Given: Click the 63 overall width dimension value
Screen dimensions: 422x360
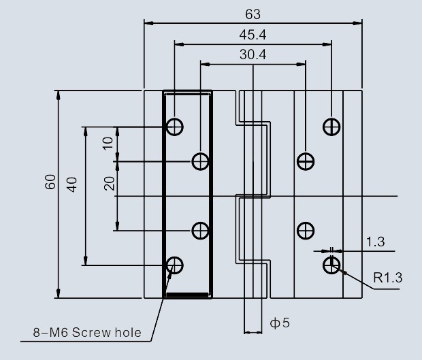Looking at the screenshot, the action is pyautogui.click(x=253, y=14).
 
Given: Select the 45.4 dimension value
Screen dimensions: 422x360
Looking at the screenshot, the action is pyautogui.click(x=253, y=35).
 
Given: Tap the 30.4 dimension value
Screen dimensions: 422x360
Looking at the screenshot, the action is pyautogui.click(x=253, y=54).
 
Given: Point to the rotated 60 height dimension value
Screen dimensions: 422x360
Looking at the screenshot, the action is pyautogui.click(x=50, y=182).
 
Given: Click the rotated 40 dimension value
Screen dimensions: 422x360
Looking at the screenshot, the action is pyautogui.click(x=72, y=184).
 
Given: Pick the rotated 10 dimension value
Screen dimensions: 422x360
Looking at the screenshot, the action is pyautogui.click(x=108, y=144).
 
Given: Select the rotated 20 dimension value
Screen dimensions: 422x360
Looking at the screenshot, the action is pyautogui.click(x=110, y=184).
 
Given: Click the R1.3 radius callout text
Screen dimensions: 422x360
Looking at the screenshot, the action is pyautogui.click(x=388, y=278).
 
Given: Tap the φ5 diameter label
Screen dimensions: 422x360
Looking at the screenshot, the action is pyautogui.click(x=280, y=323).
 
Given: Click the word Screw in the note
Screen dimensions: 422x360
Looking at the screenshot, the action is pyautogui.click(x=91, y=333).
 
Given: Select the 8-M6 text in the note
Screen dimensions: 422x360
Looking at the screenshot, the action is pyautogui.click(x=51, y=333).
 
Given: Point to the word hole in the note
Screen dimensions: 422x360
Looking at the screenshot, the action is pyautogui.click(x=128, y=333).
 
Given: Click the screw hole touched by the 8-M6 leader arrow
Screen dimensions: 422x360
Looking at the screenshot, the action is pyautogui.click(x=175, y=265).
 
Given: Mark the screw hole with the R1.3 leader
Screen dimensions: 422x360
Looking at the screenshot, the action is pyautogui.click(x=331, y=265).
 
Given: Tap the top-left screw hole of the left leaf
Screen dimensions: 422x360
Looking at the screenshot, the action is pyautogui.click(x=175, y=127).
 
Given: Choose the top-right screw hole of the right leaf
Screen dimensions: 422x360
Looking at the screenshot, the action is pyautogui.click(x=331, y=127).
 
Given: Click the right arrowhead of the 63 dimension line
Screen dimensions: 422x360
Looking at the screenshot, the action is pyautogui.click(x=357, y=23).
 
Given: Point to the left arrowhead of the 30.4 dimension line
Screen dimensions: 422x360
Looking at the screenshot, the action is pyautogui.click(x=205, y=64).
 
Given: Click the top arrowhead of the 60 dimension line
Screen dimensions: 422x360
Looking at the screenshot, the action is pyautogui.click(x=59, y=95).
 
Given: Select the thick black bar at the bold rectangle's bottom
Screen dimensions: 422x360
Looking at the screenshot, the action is pyautogui.click(x=188, y=295).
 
